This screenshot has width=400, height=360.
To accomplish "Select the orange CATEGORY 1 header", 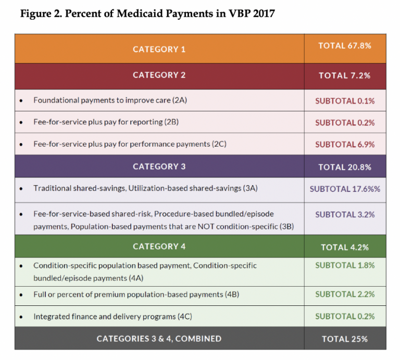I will [159, 49].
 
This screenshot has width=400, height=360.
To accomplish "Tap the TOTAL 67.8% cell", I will [344, 46].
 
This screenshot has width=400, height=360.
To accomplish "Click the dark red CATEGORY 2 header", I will [159, 75].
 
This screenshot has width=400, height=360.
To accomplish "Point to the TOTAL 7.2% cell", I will [344, 75].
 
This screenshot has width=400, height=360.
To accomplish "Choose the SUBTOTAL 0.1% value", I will [344, 101].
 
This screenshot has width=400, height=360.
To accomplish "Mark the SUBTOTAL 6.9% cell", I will [344, 144].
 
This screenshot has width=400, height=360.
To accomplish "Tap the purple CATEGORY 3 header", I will [159, 166].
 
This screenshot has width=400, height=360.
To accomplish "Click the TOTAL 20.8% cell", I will [344, 167].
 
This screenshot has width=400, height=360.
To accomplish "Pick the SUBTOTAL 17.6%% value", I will [344, 189].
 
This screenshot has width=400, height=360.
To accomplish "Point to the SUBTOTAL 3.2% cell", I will [344, 214].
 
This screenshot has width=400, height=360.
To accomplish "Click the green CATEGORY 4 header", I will [159, 246].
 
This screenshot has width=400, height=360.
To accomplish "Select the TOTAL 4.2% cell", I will [344, 247].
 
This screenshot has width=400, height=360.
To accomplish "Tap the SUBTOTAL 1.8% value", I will [344, 265].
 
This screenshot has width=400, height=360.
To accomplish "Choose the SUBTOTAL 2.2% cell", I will [344, 294].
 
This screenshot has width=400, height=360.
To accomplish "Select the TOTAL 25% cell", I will [344, 339].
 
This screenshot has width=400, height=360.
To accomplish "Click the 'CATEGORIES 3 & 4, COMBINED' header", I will [159, 339].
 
